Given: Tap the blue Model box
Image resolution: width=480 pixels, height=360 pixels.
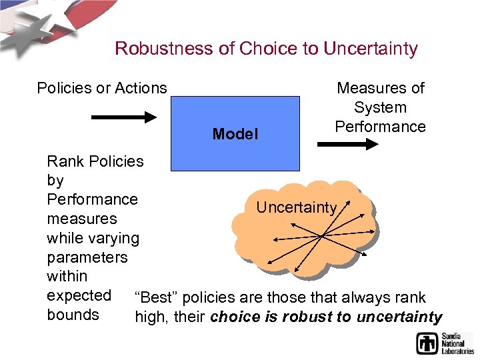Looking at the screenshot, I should (235, 133).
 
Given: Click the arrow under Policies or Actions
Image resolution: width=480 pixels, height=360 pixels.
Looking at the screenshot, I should (123, 117).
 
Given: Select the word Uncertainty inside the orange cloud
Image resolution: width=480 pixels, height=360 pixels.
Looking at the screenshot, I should (296, 207).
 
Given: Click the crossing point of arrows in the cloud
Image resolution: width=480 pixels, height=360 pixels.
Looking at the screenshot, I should (321, 235).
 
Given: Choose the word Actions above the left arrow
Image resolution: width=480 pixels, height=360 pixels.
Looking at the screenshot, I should (141, 88).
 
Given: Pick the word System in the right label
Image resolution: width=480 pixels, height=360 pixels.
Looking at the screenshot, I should (380, 107).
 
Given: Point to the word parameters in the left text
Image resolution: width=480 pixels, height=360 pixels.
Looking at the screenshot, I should (87, 257).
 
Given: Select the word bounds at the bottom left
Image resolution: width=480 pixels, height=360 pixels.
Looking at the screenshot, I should (73, 315).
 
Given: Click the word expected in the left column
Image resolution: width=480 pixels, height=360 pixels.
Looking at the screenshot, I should (79, 295).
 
